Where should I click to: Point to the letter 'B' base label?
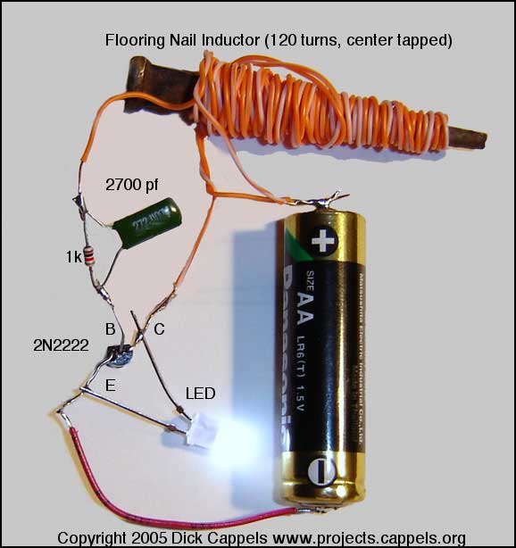111,329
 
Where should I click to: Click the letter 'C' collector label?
160,329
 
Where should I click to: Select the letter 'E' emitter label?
110,385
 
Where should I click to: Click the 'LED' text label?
199,392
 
